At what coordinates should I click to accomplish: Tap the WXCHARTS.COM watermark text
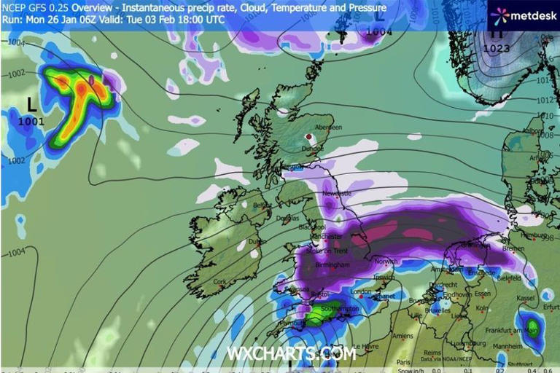click(291, 353)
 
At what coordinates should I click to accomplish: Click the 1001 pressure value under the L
click(32, 121)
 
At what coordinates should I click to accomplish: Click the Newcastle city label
click(338, 195)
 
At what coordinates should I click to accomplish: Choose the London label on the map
click(361, 291)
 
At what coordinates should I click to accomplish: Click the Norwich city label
click(386, 261)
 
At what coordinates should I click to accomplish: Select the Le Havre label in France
click(365, 346)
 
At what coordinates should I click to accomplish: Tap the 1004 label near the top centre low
click(379, 32)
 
